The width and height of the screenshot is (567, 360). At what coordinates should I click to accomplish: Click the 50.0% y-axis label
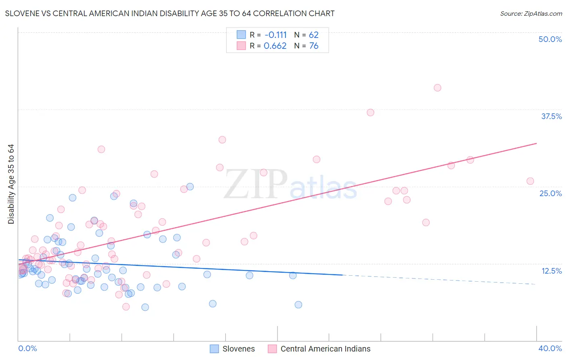550,39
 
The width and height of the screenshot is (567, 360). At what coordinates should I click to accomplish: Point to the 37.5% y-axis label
551,116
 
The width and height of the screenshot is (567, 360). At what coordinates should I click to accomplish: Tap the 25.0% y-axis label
550,193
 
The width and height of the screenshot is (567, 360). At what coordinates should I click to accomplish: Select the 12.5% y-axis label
551,271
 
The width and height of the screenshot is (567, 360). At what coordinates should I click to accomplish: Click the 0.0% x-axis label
27,348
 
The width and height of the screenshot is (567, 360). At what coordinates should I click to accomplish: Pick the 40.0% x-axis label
550,348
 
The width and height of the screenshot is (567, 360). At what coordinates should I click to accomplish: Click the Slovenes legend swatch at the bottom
215,349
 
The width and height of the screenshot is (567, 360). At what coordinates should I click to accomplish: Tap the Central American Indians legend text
325,349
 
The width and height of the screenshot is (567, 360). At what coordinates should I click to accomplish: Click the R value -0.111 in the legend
275,35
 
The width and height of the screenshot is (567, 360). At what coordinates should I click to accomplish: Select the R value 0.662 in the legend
275,46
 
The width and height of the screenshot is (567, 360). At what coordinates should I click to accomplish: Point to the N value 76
314,46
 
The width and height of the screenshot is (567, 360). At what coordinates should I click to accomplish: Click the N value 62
314,35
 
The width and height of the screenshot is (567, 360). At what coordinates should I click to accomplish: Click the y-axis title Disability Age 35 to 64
11,184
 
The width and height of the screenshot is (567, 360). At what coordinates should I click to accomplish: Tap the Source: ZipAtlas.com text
531,14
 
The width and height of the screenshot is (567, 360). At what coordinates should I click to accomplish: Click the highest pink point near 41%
438,88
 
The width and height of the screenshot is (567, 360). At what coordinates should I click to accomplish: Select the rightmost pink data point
530,181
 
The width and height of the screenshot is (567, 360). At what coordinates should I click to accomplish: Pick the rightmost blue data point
298,305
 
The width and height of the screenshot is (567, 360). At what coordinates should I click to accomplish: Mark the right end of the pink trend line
537,143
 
